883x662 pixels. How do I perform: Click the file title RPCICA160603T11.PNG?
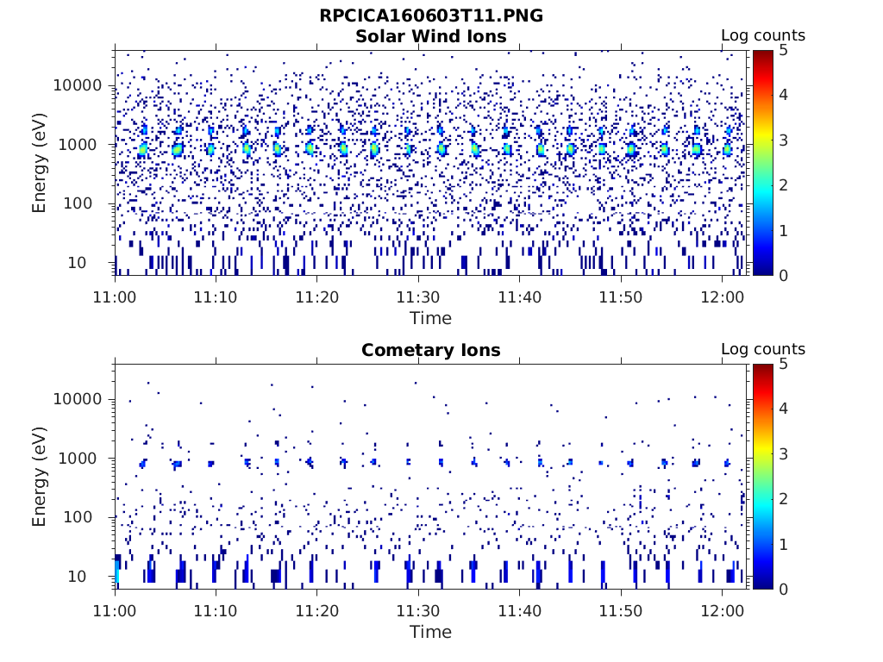pyautogui.click(x=430, y=16)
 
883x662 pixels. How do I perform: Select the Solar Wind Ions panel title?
pyautogui.click(x=430, y=36)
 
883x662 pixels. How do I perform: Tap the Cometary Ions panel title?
pyautogui.click(x=430, y=350)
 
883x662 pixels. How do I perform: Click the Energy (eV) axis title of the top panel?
pyautogui.click(x=40, y=163)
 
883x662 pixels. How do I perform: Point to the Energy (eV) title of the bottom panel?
pyautogui.click(x=40, y=477)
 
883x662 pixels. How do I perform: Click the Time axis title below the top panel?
pyautogui.click(x=430, y=318)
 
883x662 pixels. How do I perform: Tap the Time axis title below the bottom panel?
pyautogui.click(x=430, y=632)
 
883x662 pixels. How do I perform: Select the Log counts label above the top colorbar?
pyautogui.click(x=762, y=35)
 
